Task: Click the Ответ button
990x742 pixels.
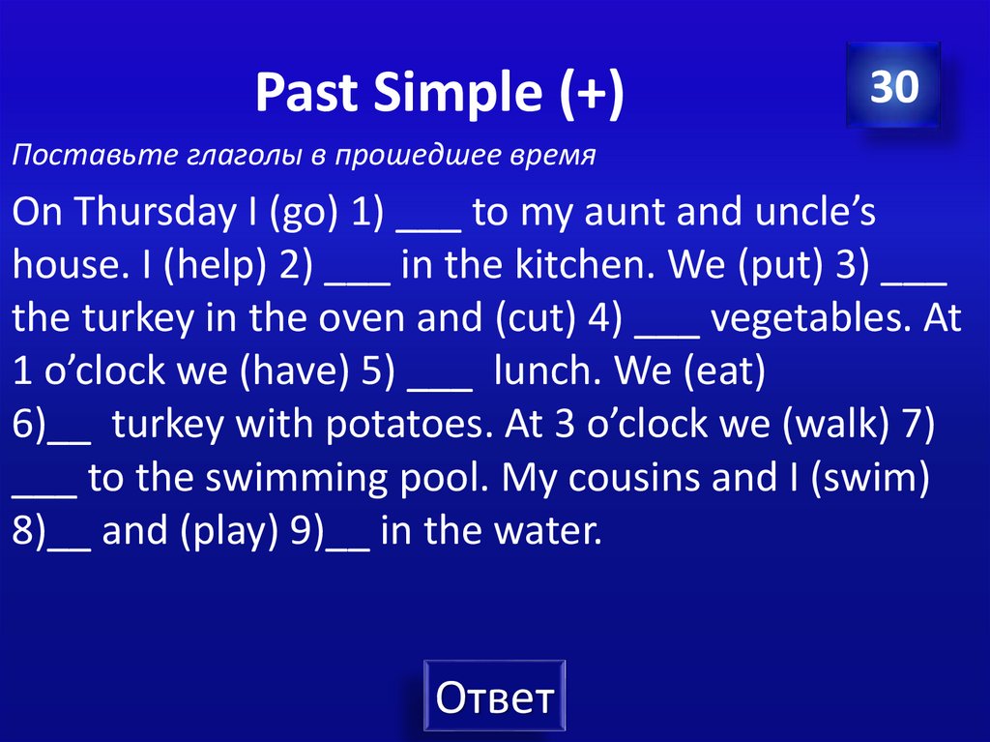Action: (x=494, y=697)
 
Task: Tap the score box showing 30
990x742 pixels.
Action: (x=893, y=87)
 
